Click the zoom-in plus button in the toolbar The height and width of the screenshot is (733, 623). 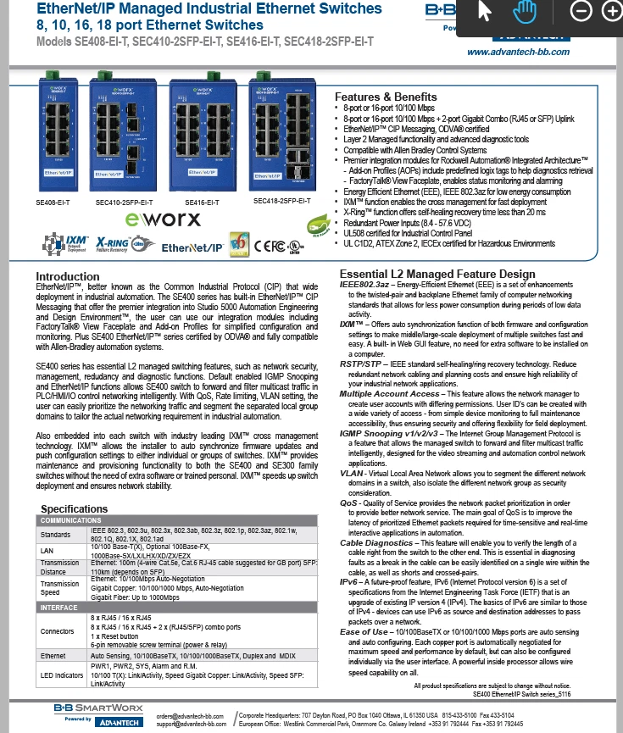(x=611, y=11)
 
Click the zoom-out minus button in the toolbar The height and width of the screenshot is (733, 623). (x=581, y=11)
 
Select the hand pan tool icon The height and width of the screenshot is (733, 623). (x=526, y=11)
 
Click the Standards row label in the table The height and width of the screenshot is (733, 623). (x=58, y=535)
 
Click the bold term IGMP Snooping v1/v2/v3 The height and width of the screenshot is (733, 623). (x=394, y=433)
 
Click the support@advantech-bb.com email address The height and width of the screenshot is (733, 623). (x=188, y=725)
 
